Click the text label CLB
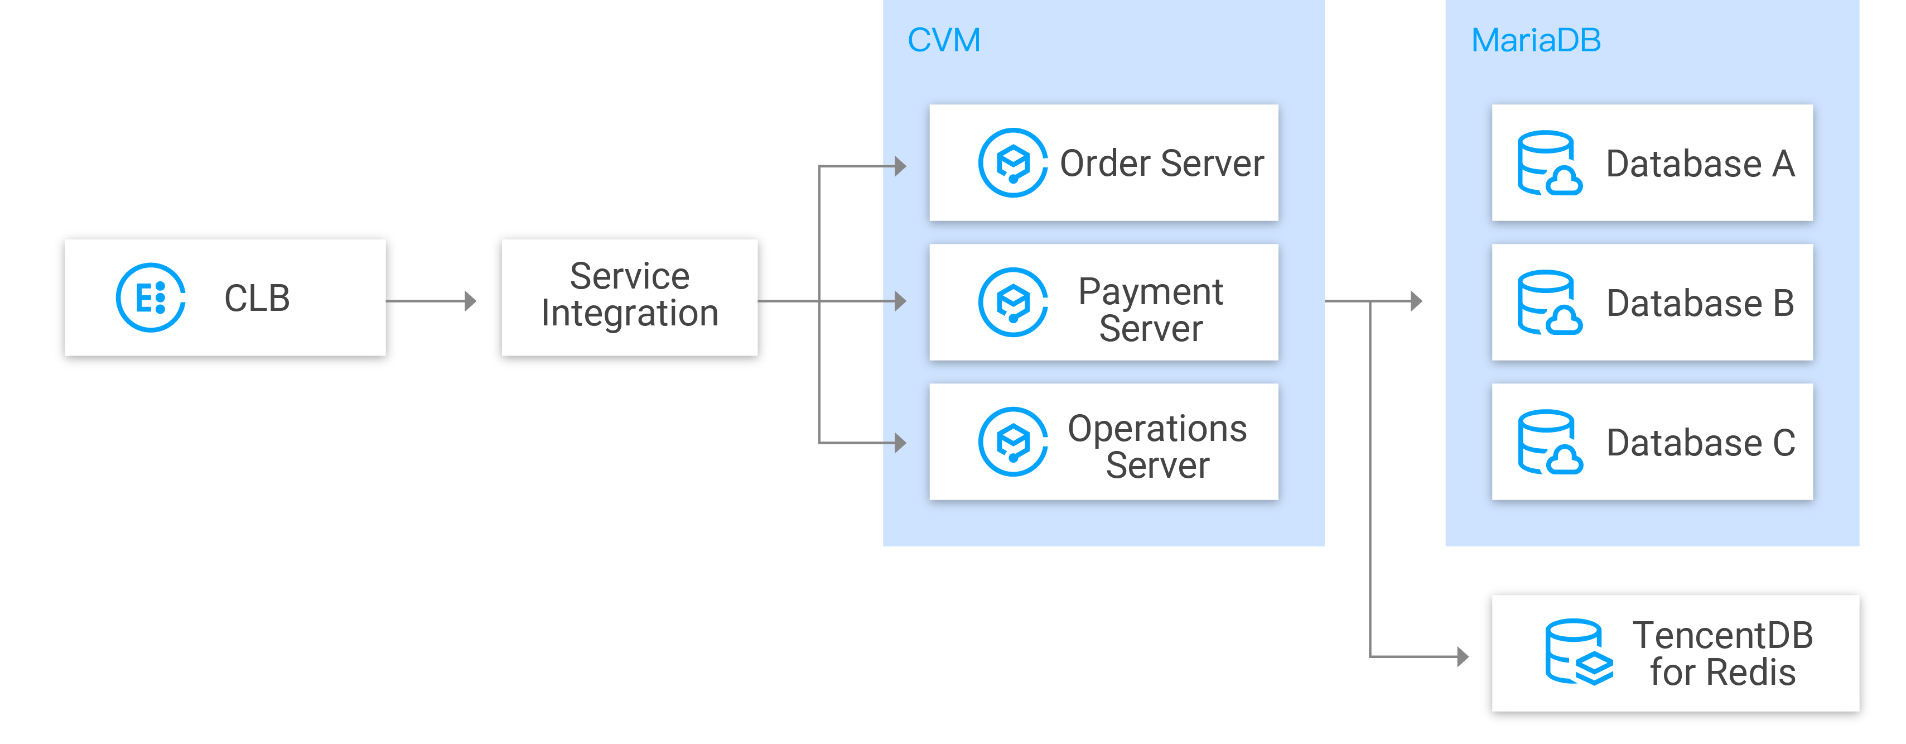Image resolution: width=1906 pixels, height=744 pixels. coord(257,299)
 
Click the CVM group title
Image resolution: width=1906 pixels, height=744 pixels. coord(943,40)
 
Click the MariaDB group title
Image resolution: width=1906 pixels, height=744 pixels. coord(1535,40)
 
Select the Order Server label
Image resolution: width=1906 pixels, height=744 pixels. coord(1162,163)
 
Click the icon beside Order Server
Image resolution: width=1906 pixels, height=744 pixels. coord(1012,163)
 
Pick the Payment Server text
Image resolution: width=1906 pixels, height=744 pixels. coord(1151,309)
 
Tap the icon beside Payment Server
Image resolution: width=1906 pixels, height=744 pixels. coord(1012,302)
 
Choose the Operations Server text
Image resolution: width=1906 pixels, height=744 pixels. coord(1157,447)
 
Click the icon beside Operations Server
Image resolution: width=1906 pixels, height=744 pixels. coord(1012,442)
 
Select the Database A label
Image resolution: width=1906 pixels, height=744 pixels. coord(1700,164)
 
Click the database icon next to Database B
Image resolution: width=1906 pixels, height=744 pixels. coord(1548,303)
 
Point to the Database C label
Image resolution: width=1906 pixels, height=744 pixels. coord(1700,443)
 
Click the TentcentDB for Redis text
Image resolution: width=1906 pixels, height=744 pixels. coord(1722,654)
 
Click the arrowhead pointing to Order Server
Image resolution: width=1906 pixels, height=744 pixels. coord(900,166)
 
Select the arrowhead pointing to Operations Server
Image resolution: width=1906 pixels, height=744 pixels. coord(900,443)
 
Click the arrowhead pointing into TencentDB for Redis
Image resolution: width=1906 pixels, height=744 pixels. coord(1462,656)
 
